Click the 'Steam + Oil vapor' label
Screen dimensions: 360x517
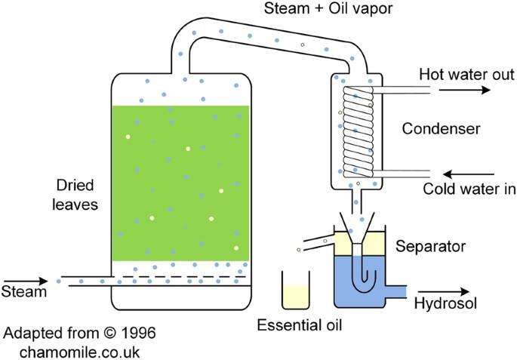coord(330,10)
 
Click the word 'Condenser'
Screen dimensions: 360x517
coord(442,129)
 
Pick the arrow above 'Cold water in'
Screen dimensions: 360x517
coord(457,171)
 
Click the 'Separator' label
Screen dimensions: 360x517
coord(430,246)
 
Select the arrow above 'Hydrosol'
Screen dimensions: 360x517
coord(445,291)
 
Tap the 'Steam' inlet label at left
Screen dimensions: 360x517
coord(21,291)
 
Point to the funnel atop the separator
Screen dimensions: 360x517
coord(357,224)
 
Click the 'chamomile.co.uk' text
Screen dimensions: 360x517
coord(80,351)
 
